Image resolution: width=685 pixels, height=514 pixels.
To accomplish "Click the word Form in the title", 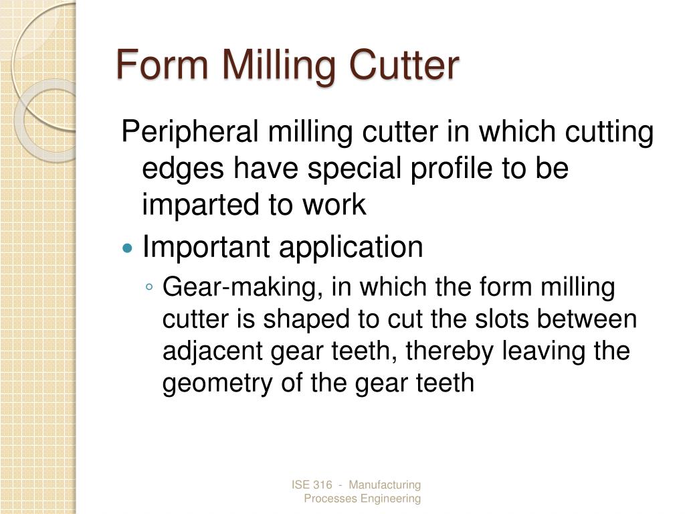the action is (163, 64).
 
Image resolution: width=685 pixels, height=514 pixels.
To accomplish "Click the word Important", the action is (206, 248).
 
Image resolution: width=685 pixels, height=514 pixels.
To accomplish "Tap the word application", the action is (351, 248).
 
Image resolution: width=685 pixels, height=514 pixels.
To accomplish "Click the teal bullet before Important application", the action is (127, 249).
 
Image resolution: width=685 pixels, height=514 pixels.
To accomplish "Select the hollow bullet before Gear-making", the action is (149, 287).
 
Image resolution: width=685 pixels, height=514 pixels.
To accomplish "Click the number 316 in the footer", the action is (322, 485).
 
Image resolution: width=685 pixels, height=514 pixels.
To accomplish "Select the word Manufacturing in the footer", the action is (385, 485).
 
